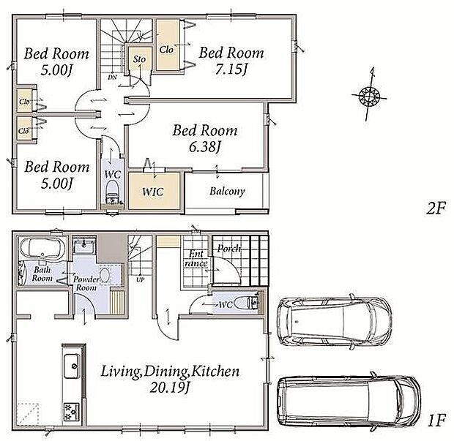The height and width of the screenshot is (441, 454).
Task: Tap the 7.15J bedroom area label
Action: [x=231, y=69]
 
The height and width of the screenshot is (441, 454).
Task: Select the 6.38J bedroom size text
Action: [x=205, y=147]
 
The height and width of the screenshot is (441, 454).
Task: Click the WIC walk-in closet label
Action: [x=153, y=192]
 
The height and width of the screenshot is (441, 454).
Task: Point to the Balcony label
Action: [x=227, y=192]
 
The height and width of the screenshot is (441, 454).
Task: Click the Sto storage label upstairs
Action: [x=139, y=59]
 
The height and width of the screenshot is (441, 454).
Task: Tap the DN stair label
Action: [x=112, y=78]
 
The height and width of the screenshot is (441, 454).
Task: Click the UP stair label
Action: [x=141, y=279]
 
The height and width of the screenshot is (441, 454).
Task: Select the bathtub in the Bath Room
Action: [x=42, y=248]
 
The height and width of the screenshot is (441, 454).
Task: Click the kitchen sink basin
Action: [x=72, y=366]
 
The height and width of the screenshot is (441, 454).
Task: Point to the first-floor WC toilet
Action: [x=245, y=304]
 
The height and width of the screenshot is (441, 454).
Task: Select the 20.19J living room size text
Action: [x=169, y=388]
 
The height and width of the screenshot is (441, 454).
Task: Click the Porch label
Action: [x=229, y=249]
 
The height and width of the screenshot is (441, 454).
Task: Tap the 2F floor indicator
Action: [x=436, y=208]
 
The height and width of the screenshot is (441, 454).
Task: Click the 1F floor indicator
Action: [x=436, y=421]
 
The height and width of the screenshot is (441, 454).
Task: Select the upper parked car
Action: [x=335, y=322]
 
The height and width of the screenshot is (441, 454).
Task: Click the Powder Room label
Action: [x=86, y=284]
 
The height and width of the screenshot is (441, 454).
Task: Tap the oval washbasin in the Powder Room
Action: [x=105, y=274]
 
